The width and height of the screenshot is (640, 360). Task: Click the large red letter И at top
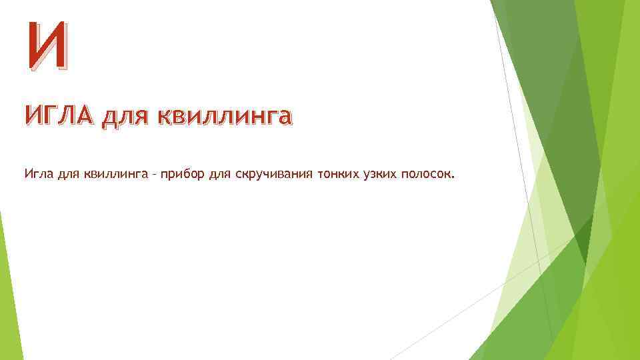pyautogui.click(x=47, y=46)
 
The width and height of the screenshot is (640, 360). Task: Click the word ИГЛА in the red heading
pyautogui.click(x=61, y=117)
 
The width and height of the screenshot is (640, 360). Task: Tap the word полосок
pyautogui.click(x=426, y=175)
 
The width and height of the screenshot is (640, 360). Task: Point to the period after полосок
pyautogui.click(x=453, y=179)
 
